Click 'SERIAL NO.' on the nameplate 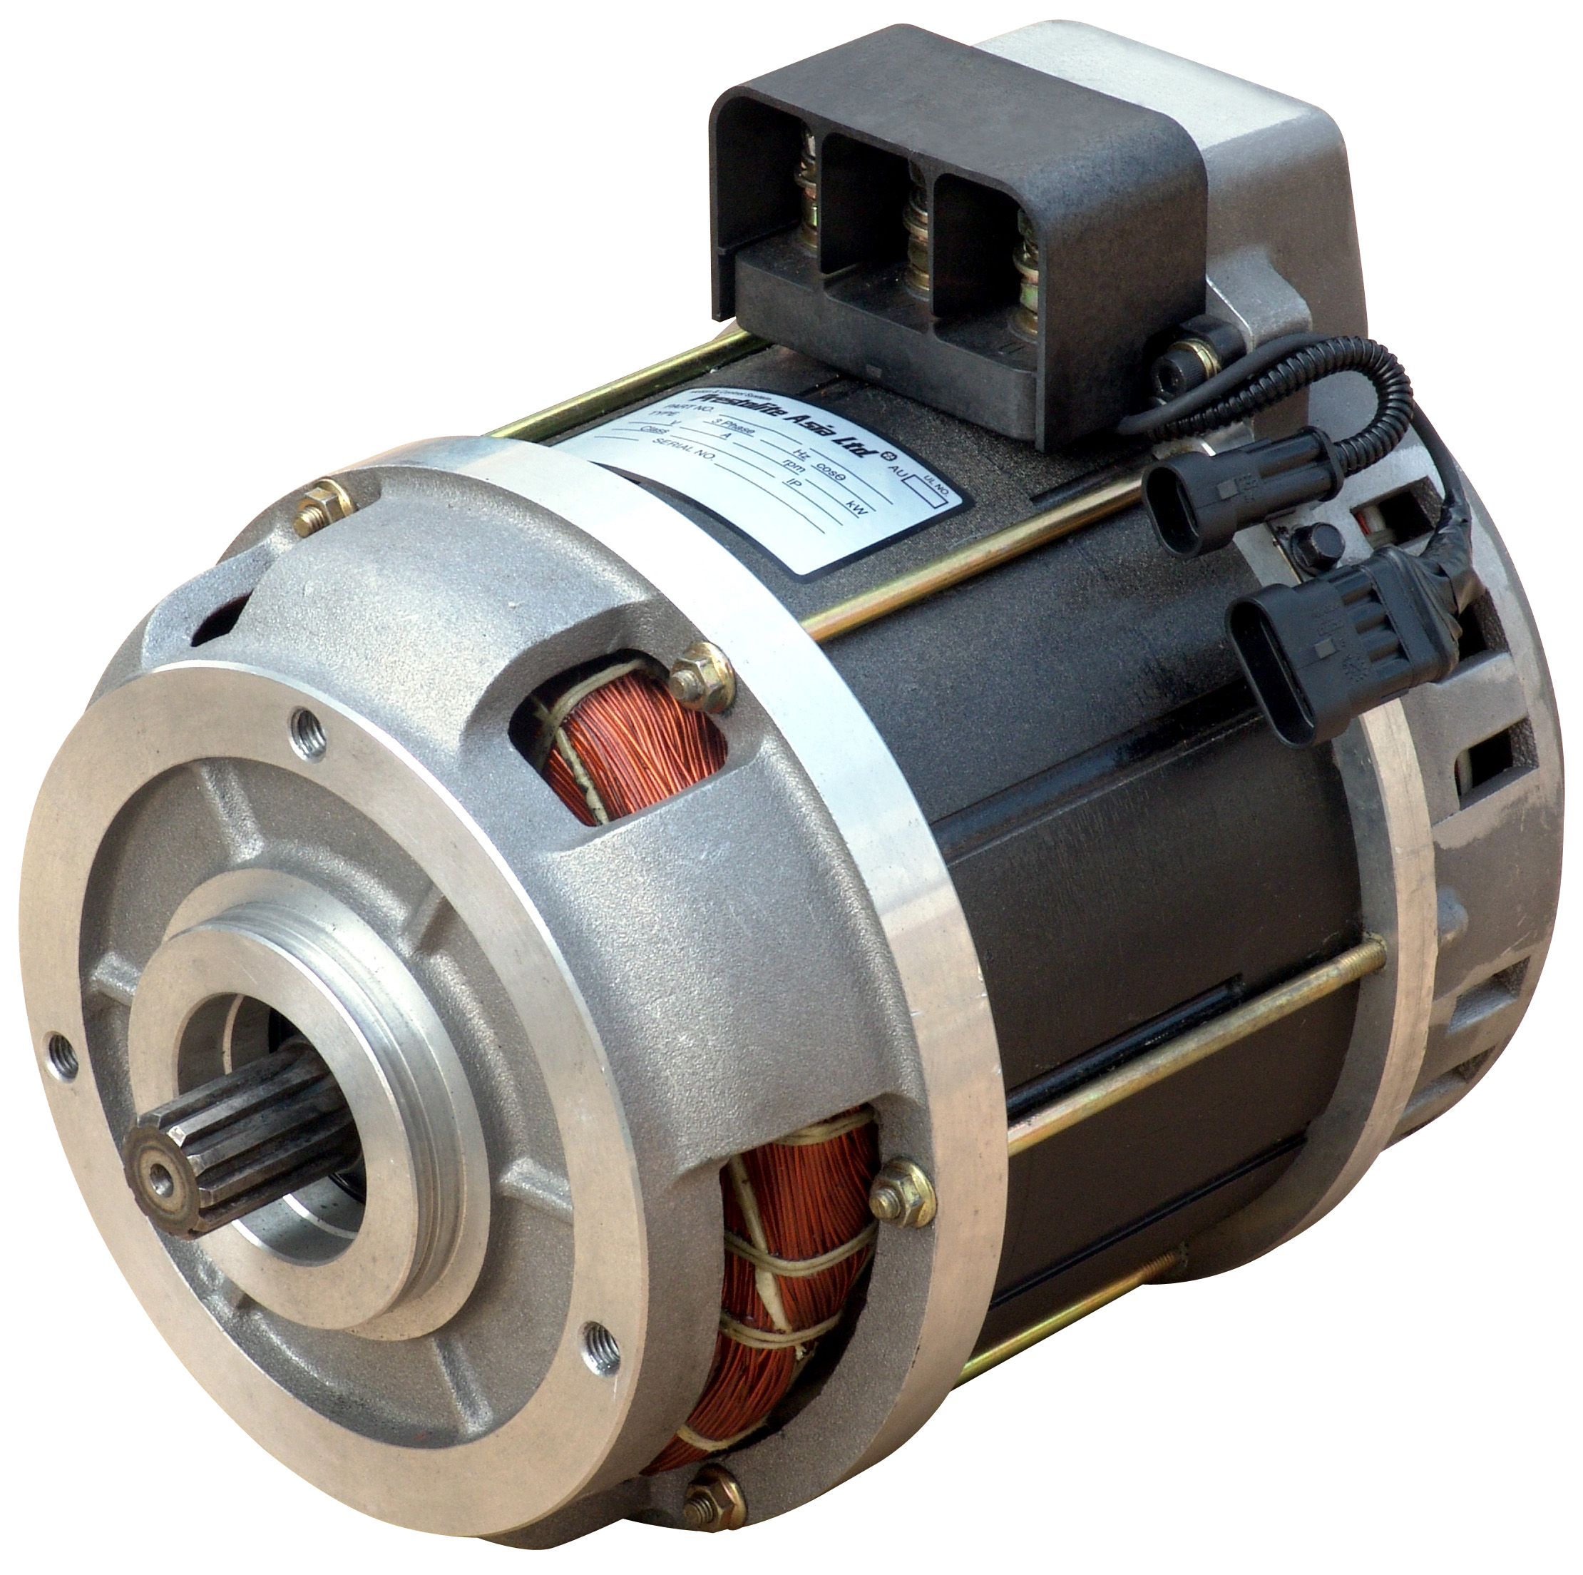(x=681, y=447)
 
